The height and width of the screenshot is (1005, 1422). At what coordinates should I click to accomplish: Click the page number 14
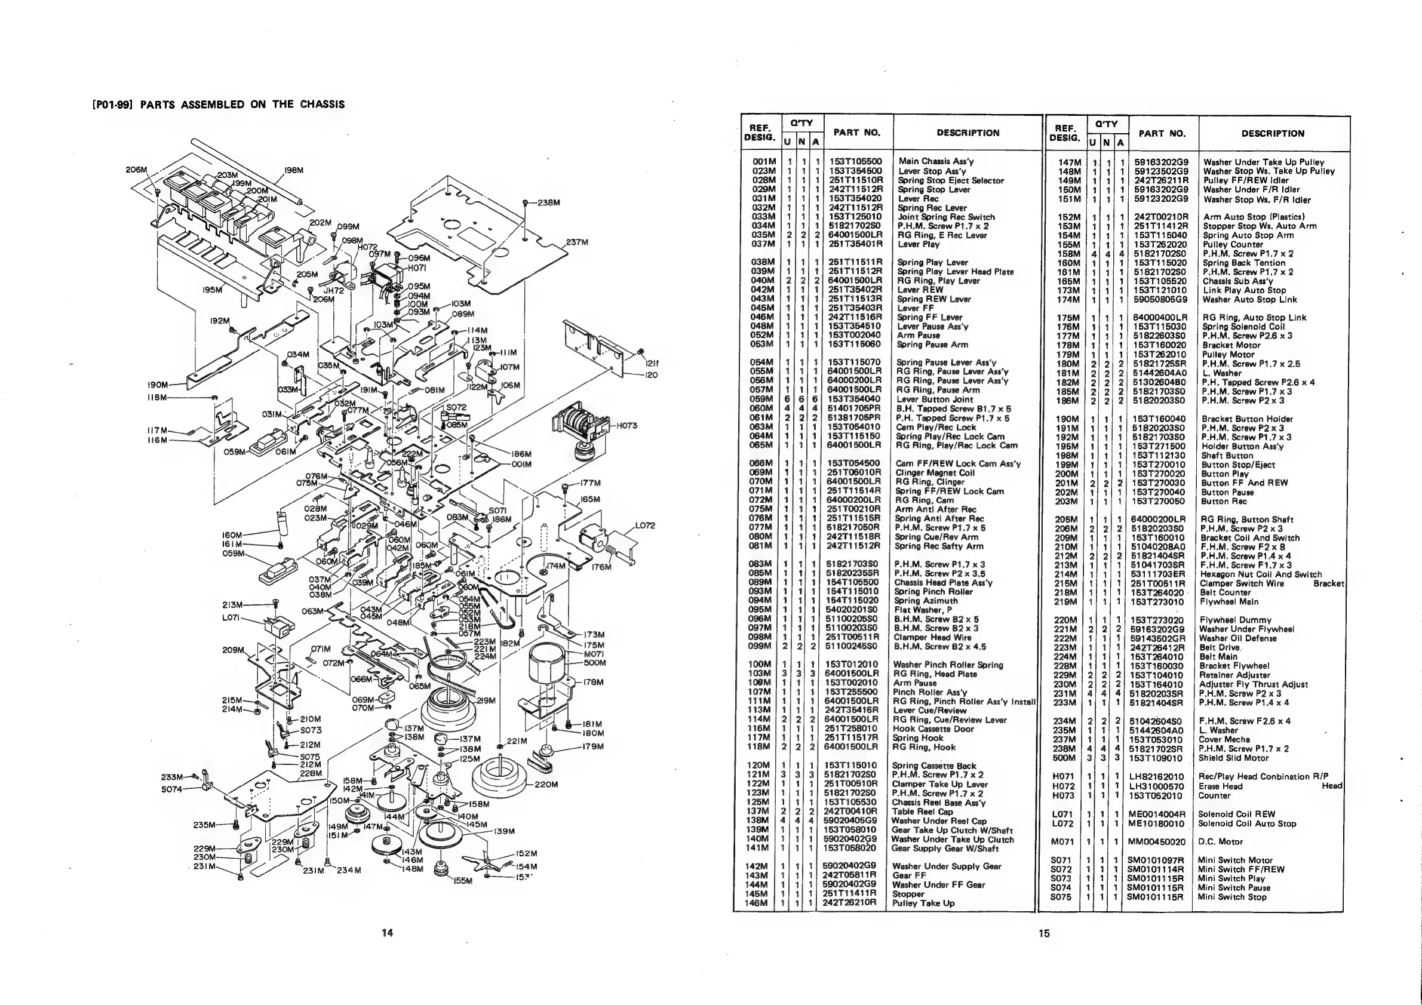(387, 933)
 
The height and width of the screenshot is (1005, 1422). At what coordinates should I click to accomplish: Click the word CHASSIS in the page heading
(322, 104)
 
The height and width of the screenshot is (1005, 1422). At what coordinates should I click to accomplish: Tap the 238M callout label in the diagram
(549, 202)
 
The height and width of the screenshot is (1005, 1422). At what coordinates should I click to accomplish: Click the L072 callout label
(645, 525)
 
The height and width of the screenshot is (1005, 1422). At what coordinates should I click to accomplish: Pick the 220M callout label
(547, 784)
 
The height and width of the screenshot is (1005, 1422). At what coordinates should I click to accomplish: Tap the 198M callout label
(293, 170)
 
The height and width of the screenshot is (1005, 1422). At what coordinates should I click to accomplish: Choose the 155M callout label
(463, 881)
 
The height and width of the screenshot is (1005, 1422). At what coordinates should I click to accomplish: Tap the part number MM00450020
(1156, 841)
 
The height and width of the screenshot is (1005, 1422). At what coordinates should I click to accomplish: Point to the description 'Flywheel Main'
(1228, 601)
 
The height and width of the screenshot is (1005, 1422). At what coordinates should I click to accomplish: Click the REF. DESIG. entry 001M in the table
(763, 161)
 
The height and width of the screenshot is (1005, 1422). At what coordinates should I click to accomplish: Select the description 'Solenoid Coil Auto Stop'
(1246, 823)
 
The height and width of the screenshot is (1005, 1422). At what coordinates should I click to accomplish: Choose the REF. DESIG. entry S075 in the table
(1061, 897)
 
